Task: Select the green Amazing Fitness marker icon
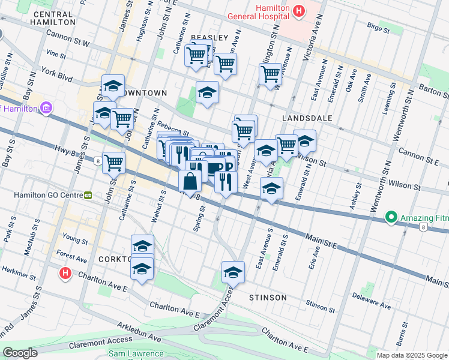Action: click(392, 217)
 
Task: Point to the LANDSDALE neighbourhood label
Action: click(305, 118)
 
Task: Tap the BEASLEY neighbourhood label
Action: click(209, 38)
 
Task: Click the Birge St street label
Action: click(378, 28)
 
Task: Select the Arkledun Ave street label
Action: click(139, 329)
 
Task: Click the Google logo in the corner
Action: click(20, 353)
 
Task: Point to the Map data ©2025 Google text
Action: click(412, 355)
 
